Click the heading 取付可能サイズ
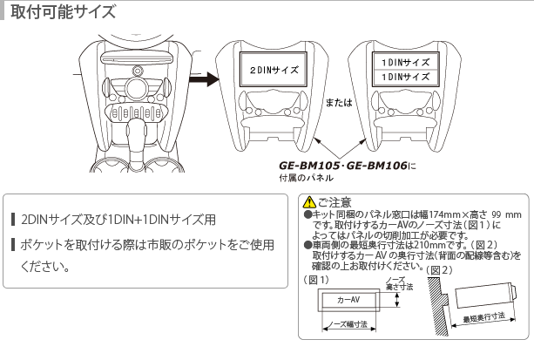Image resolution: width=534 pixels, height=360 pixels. point(64,11)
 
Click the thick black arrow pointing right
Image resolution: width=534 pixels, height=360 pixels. point(204,79)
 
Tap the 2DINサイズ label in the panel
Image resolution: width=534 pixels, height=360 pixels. point(274,70)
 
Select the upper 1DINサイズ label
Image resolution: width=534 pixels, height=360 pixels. point(405,63)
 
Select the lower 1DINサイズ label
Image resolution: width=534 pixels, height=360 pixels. point(405,77)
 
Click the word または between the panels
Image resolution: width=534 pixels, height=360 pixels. point(339,102)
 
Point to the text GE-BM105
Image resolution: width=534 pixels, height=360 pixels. point(309,166)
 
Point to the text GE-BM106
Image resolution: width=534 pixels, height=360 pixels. point(376,166)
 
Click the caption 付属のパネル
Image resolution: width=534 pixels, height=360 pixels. point(306,178)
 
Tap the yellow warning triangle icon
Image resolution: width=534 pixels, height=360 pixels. point(309,202)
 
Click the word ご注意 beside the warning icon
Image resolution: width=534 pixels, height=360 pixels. point(335,202)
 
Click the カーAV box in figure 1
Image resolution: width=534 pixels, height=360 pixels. point(348,300)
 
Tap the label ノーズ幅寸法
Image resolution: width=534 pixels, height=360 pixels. point(349,324)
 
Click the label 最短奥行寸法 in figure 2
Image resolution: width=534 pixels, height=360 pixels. point(483,318)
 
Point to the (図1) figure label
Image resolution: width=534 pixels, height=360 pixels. point(317,280)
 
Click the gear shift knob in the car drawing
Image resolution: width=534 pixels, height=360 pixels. point(136,131)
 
